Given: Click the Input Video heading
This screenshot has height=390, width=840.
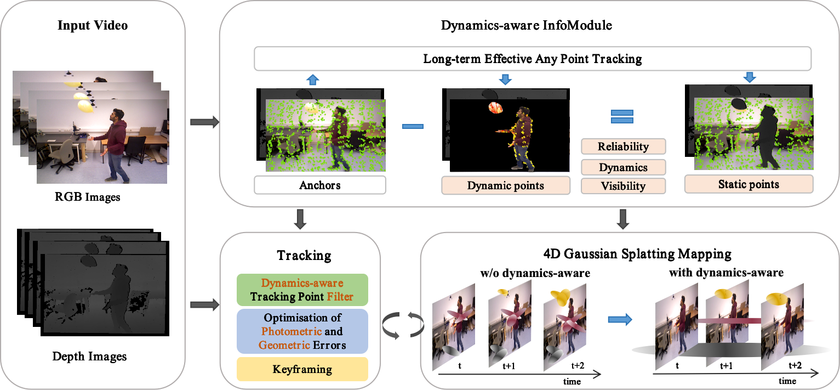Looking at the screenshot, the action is pyautogui.click(x=93, y=25).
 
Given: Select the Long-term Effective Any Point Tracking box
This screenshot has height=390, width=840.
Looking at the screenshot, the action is pyautogui.click(x=533, y=59).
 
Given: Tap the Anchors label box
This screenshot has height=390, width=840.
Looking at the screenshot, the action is pyautogui.click(x=320, y=185).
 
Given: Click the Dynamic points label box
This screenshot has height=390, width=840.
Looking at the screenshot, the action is pyautogui.click(x=506, y=185).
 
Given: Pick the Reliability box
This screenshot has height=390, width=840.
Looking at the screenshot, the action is pyautogui.click(x=623, y=146).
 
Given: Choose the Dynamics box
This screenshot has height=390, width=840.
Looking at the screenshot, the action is pyautogui.click(x=623, y=167).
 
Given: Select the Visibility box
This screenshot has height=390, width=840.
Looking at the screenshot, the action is pyautogui.click(x=623, y=186).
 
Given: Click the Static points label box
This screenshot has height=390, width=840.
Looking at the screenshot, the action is pyautogui.click(x=749, y=184).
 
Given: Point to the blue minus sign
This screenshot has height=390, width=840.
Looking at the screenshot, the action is pyautogui.click(x=413, y=127).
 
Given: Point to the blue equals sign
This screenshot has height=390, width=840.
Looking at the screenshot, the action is pyautogui.click(x=622, y=116).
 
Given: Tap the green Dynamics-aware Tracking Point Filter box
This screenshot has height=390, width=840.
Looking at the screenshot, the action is pyautogui.click(x=302, y=290).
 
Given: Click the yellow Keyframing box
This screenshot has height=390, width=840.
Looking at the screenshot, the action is pyautogui.click(x=302, y=369).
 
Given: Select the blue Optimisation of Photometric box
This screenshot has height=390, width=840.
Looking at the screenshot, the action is pyautogui.click(x=302, y=331).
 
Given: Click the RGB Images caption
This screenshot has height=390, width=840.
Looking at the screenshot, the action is pyautogui.click(x=87, y=197).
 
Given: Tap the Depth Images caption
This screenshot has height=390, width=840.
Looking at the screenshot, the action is pyautogui.click(x=89, y=356).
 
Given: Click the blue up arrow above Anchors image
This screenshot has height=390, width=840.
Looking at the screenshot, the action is pyautogui.click(x=313, y=80).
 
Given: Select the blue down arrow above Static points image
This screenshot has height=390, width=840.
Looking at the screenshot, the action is pyautogui.click(x=750, y=77).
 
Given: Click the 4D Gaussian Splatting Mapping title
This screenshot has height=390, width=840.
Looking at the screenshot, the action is pyautogui.click(x=637, y=254).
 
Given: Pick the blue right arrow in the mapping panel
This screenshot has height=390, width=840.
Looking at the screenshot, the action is pyautogui.click(x=620, y=319).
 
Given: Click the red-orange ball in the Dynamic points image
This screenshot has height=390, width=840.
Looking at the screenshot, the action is pyautogui.click(x=495, y=108).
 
